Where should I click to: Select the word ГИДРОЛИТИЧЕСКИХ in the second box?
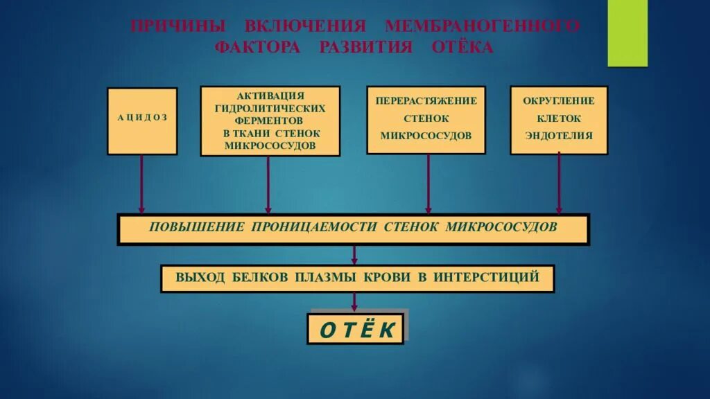coord(270,109)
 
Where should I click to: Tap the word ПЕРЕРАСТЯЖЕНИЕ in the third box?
coord(426,100)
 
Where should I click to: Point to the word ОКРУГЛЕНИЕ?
coord(559,100)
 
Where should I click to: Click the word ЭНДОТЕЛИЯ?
coord(559,136)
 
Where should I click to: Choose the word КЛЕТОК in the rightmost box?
coord(559,118)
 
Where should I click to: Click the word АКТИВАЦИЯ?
coord(270,96)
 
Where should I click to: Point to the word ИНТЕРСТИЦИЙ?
coord(487,277)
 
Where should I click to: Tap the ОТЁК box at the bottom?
coord(356,329)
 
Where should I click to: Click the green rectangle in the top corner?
coord(627,33)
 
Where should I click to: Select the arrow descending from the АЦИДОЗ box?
coord(142,184)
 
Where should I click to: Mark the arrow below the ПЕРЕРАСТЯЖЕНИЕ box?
coord(428,184)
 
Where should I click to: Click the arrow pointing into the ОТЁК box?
coord(355,302)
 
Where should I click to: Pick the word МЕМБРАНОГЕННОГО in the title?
coord(482,26)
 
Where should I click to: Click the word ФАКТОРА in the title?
coord(258,48)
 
